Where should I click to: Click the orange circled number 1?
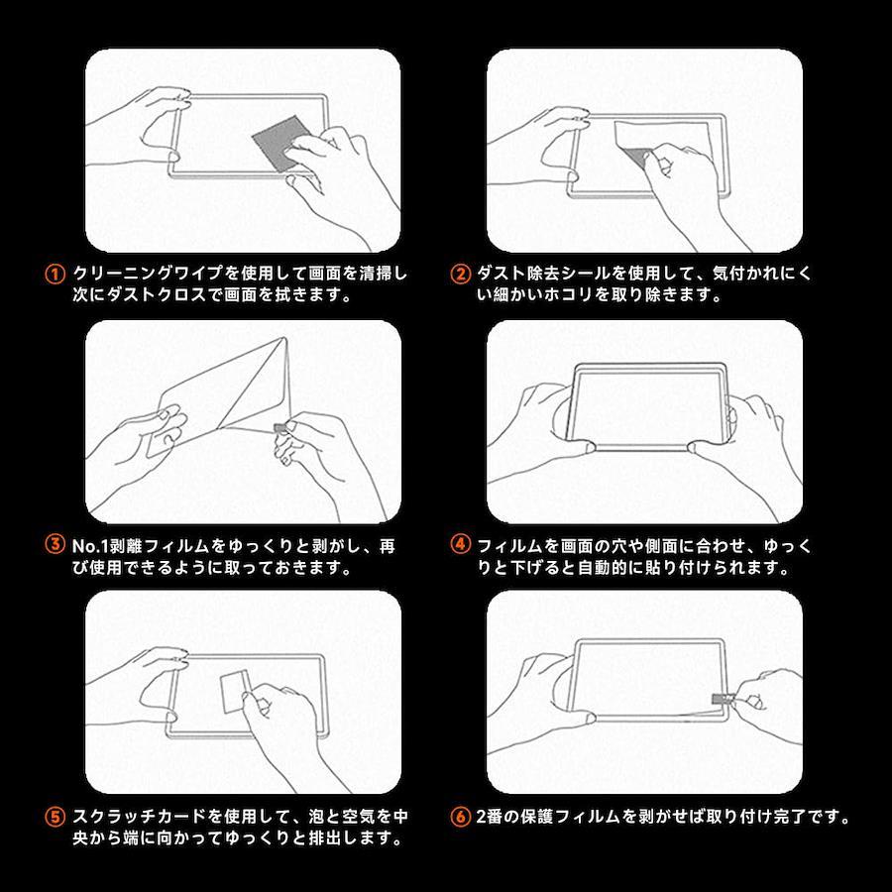pyautogui.click(x=55, y=275)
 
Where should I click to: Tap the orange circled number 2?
pyautogui.click(x=460, y=275)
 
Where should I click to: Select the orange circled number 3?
pyautogui.click(x=55, y=544)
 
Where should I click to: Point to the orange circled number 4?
pyautogui.click(x=460, y=544)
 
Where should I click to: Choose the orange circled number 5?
pyautogui.click(x=55, y=817)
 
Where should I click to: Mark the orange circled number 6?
pyautogui.click(x=460, y=817)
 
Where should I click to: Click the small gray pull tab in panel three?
pyautogui.click(x=279, y=428)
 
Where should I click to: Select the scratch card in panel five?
pyautogui.click(x=234, y=691)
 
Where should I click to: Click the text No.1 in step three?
pyautogui.click(x=90, y=546)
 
